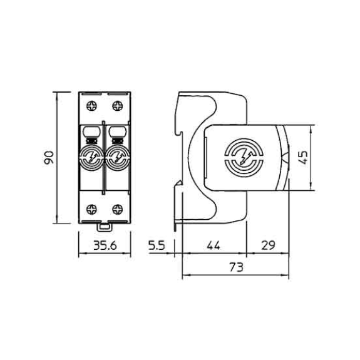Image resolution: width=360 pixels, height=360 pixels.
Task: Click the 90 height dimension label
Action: [x=49, y=158]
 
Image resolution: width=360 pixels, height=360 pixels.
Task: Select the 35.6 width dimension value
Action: [x=105, y=245]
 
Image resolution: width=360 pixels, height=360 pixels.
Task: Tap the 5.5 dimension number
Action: [x=157, y=245]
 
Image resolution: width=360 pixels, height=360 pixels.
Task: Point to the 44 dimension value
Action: [x=213, y=245]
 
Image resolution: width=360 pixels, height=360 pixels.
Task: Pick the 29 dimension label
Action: [x=268, y=245]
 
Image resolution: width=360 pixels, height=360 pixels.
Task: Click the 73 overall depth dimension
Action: [x=236, y=267]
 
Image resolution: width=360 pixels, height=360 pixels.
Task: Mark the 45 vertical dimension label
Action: [x=304, y=158]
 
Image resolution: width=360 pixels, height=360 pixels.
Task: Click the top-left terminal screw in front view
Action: [x=91, y=106]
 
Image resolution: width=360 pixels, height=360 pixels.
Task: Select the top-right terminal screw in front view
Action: [x=118, y=106]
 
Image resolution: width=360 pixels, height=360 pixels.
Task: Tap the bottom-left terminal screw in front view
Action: [x=91, y=209]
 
